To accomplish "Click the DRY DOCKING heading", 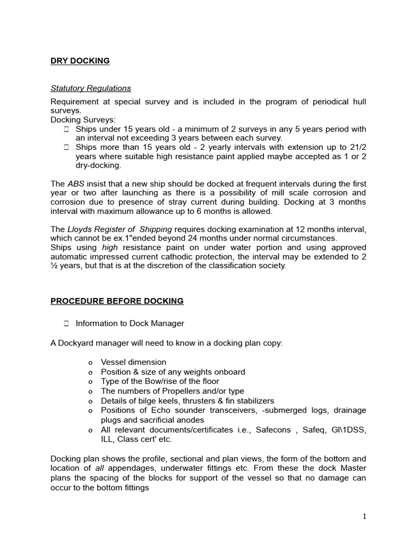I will [x=80, y=61].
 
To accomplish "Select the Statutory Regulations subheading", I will [x=91, y=88].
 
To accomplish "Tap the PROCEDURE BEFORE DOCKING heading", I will [x=117, y=301].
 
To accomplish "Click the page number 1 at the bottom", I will [x=364, y=516].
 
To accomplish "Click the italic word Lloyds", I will [x=79, y=229].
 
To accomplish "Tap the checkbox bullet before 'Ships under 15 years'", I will [x=66, y=129].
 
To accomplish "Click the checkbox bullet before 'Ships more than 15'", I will [x=66, y=147].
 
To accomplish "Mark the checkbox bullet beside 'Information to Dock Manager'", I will [x=66, y=324].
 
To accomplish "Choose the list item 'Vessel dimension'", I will [x=134, y=362].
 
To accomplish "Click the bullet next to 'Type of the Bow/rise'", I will [x=90, y=382].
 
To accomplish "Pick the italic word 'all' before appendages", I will [x=97, y=469].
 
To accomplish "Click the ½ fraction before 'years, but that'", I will [x=54, y=266].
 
